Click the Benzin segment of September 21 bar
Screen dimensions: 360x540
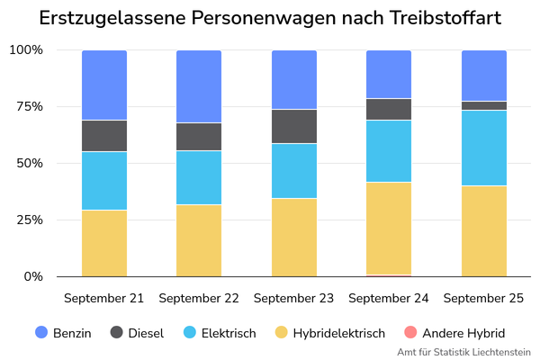click(104, 85)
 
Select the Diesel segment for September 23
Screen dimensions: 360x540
click(294, 126)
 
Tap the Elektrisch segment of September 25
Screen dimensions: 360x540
click(484, 148)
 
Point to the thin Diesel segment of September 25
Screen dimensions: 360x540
click(484, 105)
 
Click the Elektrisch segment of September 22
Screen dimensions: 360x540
click(199, 177)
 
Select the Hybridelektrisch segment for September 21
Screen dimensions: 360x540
click(104, 243)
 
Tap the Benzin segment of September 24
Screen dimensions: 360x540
click(389, 74)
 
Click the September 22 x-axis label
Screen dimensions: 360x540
click(199, 298)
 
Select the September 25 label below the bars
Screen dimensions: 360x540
click(484, 298)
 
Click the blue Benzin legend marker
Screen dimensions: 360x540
click(41, 332)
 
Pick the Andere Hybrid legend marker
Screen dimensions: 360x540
click(407, 332)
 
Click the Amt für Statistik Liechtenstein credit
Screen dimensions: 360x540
click(463, 352)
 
